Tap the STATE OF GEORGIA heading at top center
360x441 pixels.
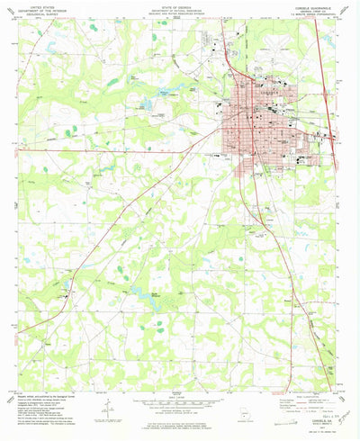(179, 9)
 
